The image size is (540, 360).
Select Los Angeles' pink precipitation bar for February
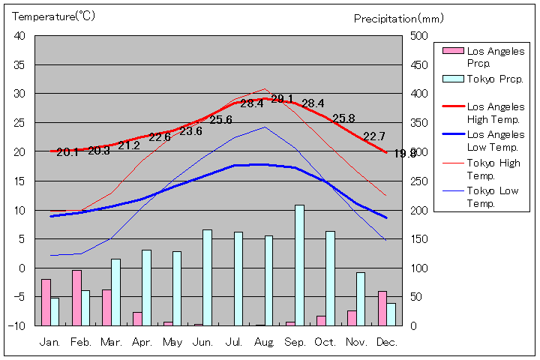click(76, 297)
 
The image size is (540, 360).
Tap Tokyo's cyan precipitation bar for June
click(208, 277)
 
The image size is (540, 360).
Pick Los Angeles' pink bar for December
click(382, 307)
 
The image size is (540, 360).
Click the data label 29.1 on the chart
click(282, 99)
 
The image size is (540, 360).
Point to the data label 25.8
click(343, 118)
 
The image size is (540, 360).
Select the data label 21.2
click(128, 145)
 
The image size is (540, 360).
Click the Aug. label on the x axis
click(264, 342)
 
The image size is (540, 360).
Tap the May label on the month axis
click(172, 342)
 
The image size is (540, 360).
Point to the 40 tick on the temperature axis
click(19, 36)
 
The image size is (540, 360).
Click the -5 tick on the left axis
click(21, 297)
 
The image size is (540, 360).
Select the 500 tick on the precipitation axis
click(418, 36)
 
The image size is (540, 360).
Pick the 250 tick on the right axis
click(418, 181)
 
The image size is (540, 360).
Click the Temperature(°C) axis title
click(54, 16)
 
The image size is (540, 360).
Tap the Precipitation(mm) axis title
click(400, 18)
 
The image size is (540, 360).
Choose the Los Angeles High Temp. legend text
click(496, 112)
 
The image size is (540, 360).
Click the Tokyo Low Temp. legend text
click(493, 197)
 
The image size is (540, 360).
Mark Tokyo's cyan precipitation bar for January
click(54, 311)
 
